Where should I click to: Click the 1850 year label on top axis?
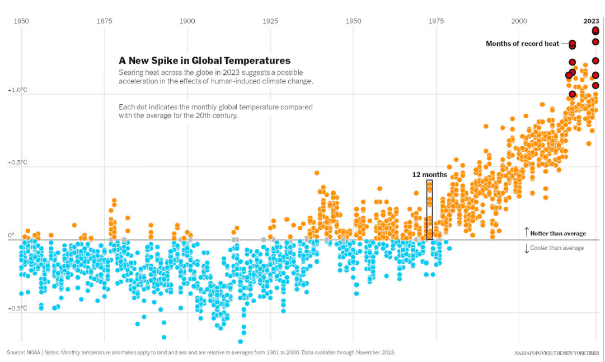21,21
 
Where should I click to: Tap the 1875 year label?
104,21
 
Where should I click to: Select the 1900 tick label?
187,21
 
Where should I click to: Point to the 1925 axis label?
270,21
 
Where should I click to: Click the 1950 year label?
353,21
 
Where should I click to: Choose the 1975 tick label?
436,21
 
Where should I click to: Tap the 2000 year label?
519,21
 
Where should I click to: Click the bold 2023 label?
591,21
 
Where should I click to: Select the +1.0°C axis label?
17,90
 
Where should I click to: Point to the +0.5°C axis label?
17,163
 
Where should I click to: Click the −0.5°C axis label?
17,308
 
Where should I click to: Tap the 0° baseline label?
11,235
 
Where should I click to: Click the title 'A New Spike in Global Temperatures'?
204,61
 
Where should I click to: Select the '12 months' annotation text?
430,175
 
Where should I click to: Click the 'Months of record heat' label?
522,44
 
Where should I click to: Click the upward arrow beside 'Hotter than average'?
527,232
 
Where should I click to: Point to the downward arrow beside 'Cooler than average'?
527,248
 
